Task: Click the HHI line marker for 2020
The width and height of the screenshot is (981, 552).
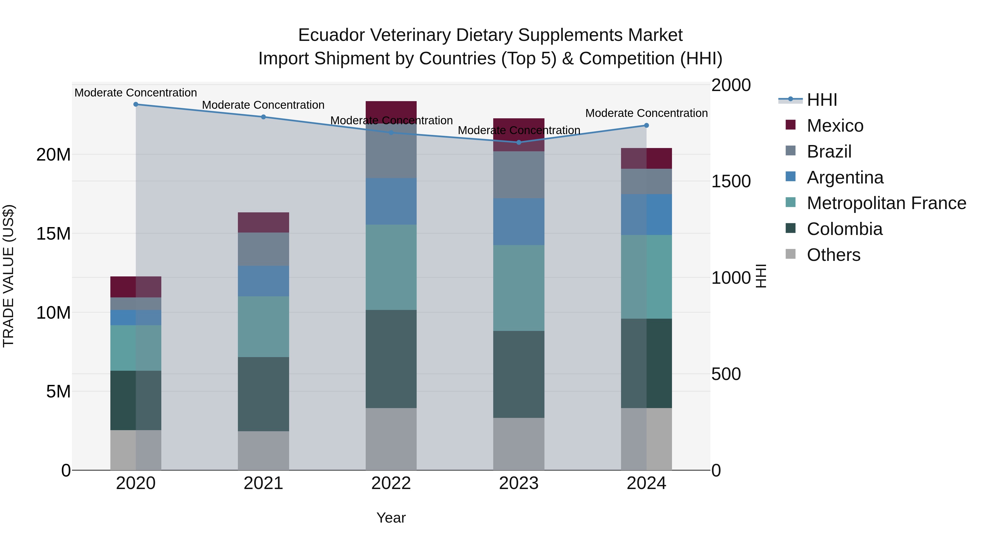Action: (x=136, y=104)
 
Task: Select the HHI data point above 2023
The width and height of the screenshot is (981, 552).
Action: (x=519, y=143)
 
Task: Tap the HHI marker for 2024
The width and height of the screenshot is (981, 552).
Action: (x=646, y=125)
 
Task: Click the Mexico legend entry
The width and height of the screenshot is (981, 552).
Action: (x=835, y=126)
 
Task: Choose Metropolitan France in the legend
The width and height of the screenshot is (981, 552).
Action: (x=886, y=203)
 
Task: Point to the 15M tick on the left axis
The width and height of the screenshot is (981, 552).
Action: (x=53, y=234)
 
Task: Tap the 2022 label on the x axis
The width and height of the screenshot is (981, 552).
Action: (x=391, y=483)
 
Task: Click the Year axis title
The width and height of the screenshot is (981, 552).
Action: (x=391, y=518)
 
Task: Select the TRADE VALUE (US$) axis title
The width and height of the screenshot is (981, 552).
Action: (x=8, y=276)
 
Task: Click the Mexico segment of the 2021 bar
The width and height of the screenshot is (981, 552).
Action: (x=263, y=222)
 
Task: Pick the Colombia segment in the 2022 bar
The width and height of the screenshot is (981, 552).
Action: (x=391, y=359)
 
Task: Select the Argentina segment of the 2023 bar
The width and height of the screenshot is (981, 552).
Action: (x=519, y=221)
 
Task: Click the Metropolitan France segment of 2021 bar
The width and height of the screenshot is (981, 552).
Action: (x=263, y=327)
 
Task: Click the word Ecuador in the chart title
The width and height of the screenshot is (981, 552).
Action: (x=329, y=35)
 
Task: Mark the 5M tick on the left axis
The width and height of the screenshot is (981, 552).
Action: (x=58, y=391)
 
